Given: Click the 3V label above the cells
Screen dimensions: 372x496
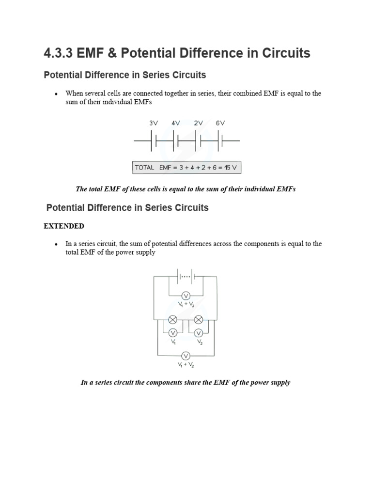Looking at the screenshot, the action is click(x=154, y=123).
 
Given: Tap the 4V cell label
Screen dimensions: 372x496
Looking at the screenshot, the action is click(x=176, y=123).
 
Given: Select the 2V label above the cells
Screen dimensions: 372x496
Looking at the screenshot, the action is click(x=198, y=123).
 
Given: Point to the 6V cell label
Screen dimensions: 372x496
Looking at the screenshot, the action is click(x=220, y=123).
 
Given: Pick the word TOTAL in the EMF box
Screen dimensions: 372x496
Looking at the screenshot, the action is click(x=145, y=168).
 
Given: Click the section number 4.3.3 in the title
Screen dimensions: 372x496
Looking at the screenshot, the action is click(x=58, y=53).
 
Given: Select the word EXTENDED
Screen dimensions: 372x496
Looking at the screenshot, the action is click(x=64, y=226).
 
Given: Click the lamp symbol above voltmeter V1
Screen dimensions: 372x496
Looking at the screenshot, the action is click(x=172, y=320).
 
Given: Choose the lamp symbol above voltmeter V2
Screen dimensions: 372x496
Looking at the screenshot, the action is click(x=198, y=320).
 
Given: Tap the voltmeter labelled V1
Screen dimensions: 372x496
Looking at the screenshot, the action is click(x=172, y=333).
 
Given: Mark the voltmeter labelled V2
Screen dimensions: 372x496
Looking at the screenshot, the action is click(x=198, y=333).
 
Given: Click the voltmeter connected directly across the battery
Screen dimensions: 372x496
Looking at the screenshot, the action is click(x=185, y=295).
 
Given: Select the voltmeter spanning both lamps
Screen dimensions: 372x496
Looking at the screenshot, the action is click(x=185, y=356).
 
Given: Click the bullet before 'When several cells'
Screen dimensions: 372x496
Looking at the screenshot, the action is click(x=57, y=93).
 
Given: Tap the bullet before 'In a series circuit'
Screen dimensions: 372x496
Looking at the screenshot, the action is click(x=57, y=244).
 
